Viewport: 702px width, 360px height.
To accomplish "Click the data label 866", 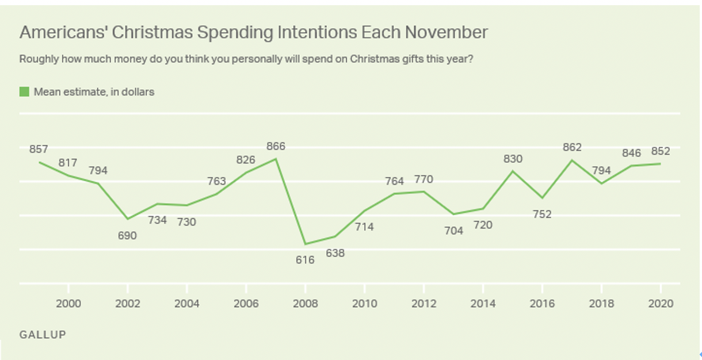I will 276,147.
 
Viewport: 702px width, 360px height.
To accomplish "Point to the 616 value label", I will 305,260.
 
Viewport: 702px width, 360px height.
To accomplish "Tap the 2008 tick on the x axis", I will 305,304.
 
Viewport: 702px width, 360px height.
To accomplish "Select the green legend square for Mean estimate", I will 24,91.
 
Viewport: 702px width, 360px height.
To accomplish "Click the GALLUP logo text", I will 43,334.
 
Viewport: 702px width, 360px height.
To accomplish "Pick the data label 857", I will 39,149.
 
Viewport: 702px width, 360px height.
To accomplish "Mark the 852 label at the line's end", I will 661,151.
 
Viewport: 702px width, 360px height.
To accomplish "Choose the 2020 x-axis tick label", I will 661,304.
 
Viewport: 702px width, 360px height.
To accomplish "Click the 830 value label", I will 512,159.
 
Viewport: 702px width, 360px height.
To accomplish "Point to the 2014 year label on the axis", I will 482,304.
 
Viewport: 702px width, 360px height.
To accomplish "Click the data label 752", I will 542,214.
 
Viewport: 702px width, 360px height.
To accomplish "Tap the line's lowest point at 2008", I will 305,244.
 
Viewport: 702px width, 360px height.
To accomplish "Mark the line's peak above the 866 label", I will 276,159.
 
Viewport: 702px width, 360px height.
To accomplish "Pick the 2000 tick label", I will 68,304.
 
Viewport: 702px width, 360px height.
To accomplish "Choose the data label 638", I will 335,252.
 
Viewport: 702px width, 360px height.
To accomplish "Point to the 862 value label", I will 571,147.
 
